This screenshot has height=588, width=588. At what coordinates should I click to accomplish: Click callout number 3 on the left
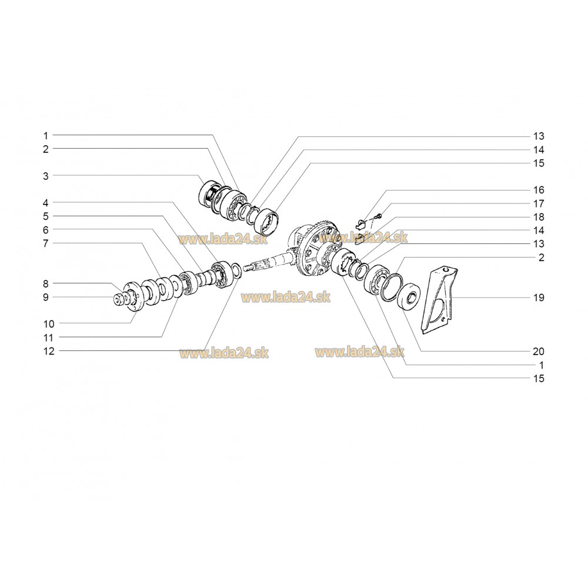pos(46,176)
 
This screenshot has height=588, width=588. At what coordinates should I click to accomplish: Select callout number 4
pos(46,203)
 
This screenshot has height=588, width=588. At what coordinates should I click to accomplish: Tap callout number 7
pos(46,244)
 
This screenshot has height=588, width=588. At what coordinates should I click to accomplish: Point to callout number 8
pos(46,284)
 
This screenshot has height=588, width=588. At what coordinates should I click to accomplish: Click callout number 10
pos(49,324)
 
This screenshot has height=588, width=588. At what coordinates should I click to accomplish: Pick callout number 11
pos(49,338)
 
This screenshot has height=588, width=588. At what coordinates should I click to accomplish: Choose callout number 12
pos(49,352)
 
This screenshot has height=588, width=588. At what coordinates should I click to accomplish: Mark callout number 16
pos(539,190)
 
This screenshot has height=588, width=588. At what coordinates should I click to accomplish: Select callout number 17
pos(539,203)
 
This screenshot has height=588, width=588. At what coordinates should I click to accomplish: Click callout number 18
pos(539,217)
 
